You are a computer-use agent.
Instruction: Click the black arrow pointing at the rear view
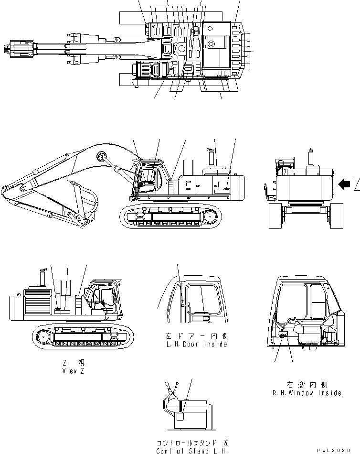pos(343,183)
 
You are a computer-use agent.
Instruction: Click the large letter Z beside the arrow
pos(356,183)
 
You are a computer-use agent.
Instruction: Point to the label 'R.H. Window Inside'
pos(307,393)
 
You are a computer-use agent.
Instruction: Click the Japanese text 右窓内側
pos(307,384)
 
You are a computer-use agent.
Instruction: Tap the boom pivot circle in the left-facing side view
pos(101,157)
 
